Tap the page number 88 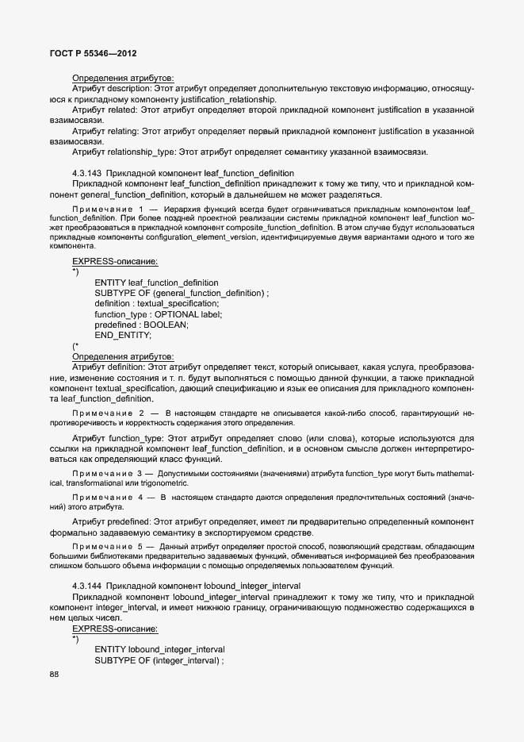pyautogui.click(x=55, y=674)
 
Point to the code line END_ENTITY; pyautogui.click(x=122, y=335)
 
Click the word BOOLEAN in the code pyautogui.click(x=166, y=325)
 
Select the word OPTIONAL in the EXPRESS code pyautogui.click(x=182, y=314)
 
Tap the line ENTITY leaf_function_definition pyautogui.click(x=156, y=283)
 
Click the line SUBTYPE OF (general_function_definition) pyautogui.click(x=182, y=293)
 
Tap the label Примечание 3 pyautogui.click(x=108, y=473)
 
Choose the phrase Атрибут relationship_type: pyautogui.click(x=124, y=151)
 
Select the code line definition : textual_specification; pyautogui.click(x=156, y=303)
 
